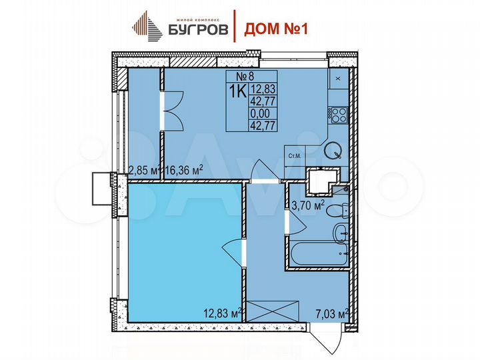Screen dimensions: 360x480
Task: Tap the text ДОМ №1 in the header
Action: (273, 28)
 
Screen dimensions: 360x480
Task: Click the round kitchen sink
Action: (331, 151)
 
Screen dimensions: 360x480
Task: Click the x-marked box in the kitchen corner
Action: (337, 79)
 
